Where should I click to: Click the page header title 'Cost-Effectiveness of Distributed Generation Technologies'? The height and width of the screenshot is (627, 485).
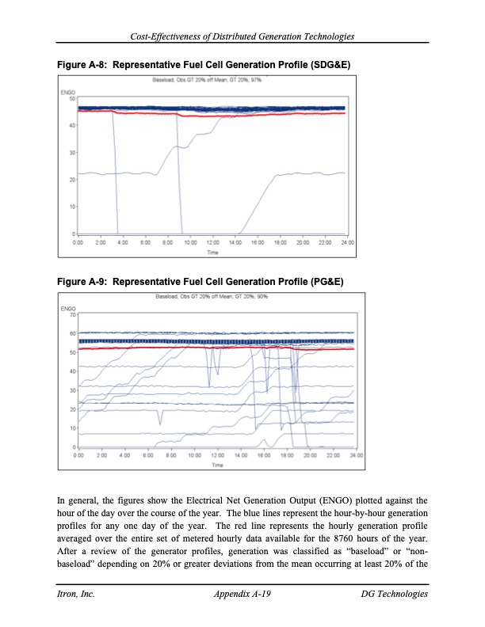(x=242, y=36)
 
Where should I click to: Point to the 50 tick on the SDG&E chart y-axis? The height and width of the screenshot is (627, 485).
(x=72, y=99)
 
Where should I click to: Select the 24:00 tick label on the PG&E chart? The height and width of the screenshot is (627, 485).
(x=356, y=456)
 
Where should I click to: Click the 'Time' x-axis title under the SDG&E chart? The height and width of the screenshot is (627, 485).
(x=213, y=252)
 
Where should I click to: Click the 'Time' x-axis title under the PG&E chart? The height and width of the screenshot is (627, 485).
(x=217, y=465)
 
